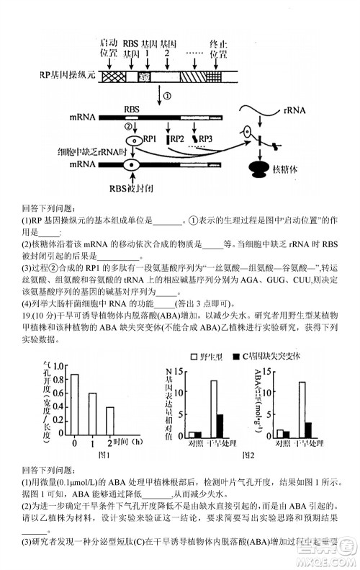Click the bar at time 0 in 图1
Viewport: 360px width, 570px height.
pos(74,404)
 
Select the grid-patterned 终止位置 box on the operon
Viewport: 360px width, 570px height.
pos(214,74)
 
